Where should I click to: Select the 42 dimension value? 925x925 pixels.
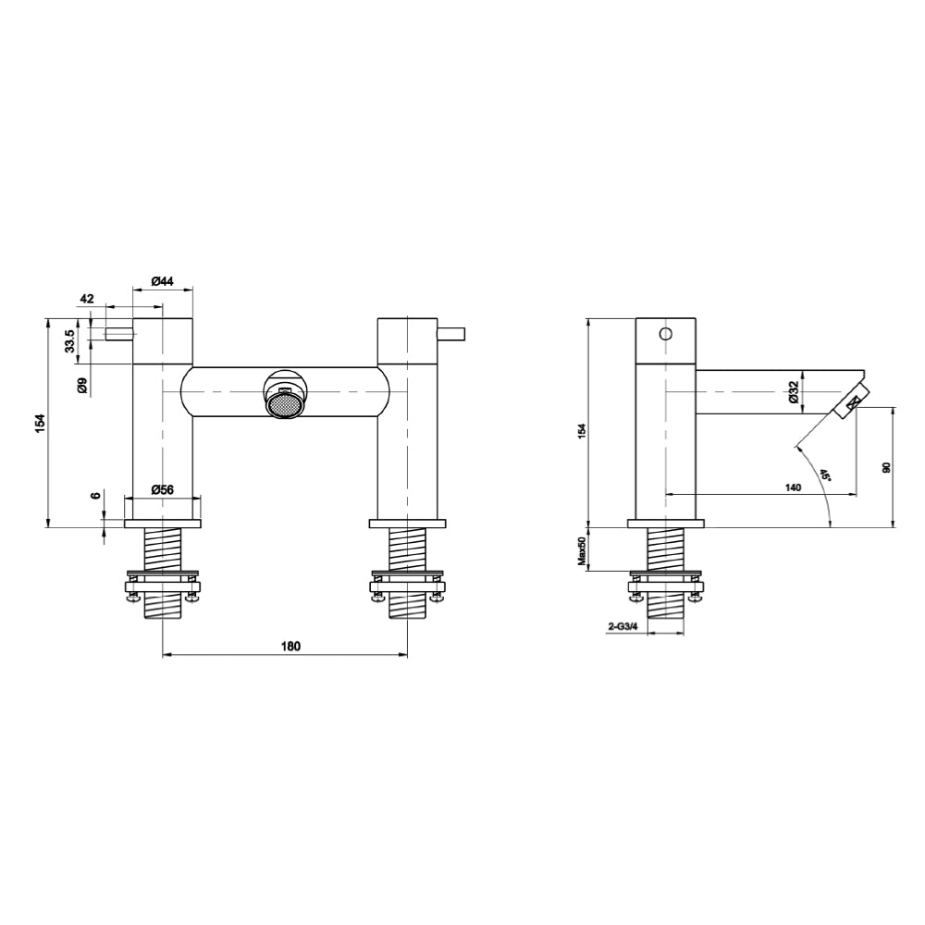88,299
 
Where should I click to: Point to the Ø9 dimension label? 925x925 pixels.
82,386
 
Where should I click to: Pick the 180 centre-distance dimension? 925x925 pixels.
290,647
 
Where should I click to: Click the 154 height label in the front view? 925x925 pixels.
39,423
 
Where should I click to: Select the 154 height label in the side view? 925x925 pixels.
581,432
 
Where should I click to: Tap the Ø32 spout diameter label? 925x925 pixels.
794,392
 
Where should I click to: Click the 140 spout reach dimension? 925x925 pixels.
792,487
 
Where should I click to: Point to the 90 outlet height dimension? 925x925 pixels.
885,468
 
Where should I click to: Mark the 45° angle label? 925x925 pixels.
823,475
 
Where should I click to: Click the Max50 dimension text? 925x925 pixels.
582,549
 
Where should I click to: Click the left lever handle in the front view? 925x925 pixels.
120,333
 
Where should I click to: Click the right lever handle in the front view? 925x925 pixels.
450,333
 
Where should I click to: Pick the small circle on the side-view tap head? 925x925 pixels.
664,334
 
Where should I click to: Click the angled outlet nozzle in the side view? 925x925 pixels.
851,401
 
